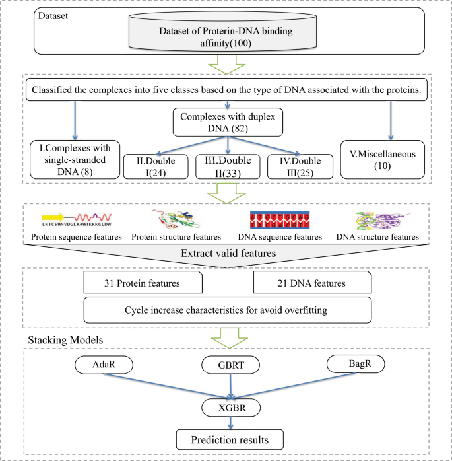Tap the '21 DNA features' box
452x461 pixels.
point(309,283)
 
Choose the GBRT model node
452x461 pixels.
point(226,365)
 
